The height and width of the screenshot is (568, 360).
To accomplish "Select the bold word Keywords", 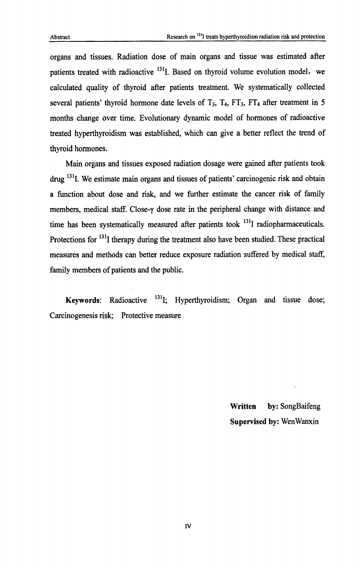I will pos(83,300).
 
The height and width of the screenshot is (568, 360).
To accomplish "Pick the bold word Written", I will pos(242,406).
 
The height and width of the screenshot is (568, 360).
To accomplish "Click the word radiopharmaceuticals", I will pos(290,224).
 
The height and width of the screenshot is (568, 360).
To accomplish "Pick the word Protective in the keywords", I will pos(136,316).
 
